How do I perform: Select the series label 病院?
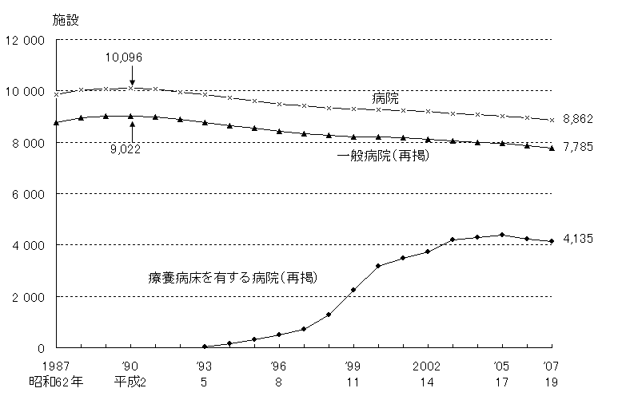pos(386,98)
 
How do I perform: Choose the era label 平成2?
pos(130,382)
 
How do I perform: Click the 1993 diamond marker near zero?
pos(205,347)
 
